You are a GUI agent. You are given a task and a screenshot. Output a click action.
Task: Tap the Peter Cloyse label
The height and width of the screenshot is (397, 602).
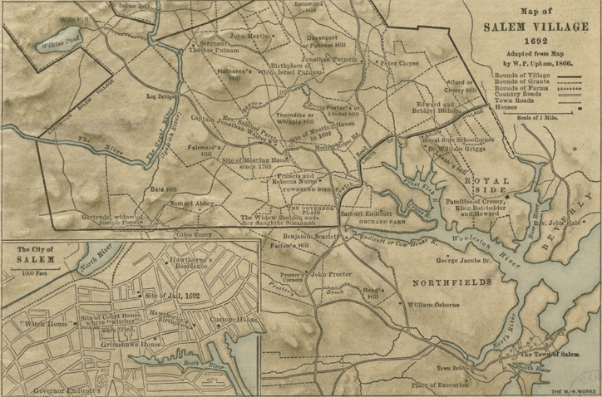pos(401,63)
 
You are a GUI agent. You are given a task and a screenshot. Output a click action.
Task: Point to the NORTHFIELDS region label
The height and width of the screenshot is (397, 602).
pos(449,282)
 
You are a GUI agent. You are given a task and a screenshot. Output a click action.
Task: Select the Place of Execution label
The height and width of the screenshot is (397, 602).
pos(442,385)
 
